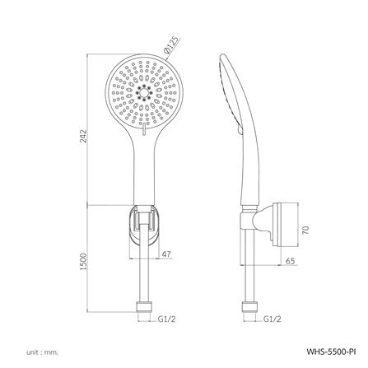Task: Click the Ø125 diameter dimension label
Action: (170, 45)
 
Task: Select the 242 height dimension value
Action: (82, 136)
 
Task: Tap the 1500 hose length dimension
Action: (82, 262)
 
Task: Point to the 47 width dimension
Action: (166, 254)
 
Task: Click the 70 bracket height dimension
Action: (305, 230)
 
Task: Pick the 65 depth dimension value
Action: (291, 261)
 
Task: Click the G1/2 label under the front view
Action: (166, 319)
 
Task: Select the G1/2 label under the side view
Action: (273, 319)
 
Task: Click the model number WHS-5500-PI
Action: (331, 352)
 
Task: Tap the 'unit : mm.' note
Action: (43, 352)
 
